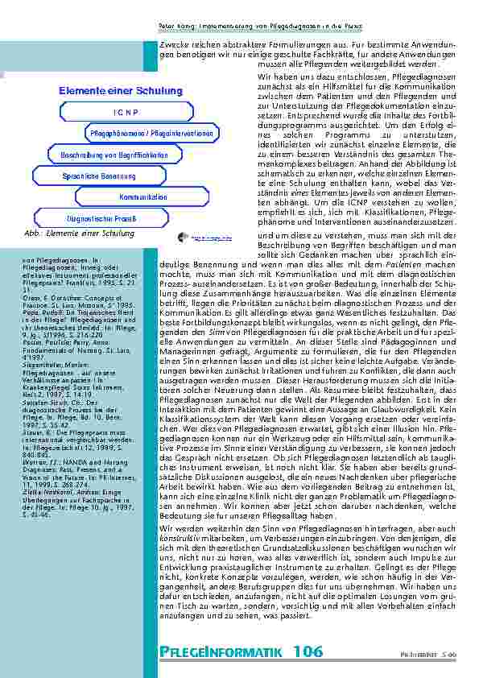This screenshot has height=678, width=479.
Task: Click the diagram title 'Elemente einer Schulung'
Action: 109,91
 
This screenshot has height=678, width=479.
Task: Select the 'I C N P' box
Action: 125,112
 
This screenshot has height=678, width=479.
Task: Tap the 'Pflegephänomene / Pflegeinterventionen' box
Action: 150,132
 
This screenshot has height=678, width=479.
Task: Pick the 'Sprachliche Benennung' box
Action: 99,175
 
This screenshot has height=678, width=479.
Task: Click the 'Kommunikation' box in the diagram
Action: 142,196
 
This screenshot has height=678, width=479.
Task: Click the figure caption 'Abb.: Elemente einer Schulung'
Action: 79,234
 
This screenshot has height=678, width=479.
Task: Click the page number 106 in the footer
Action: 308,651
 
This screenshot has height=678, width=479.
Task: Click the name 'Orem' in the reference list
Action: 34,296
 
